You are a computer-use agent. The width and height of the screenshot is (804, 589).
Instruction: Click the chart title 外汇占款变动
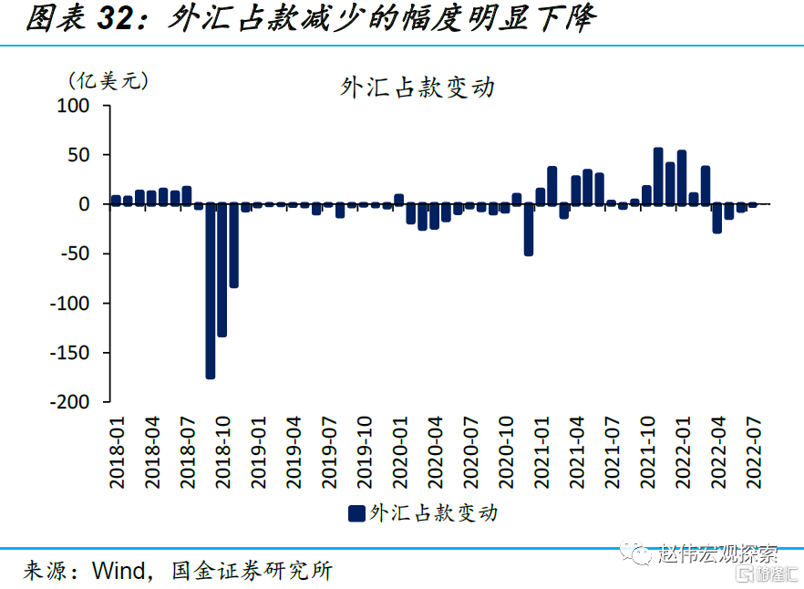coord(417,88)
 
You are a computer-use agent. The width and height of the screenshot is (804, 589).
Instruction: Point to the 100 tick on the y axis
coord(73,106)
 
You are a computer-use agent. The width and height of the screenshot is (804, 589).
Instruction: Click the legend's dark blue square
coord(356,514)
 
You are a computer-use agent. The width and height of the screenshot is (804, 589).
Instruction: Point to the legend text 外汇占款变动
coord(434,513)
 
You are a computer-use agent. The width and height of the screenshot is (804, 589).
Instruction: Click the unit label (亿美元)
coord(108,80)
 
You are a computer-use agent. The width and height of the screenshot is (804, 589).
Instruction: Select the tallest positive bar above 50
coord(658,176)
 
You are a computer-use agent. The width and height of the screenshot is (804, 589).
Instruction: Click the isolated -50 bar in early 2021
coord(529,229)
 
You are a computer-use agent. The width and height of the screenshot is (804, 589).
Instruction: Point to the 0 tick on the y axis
coord(84,204)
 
